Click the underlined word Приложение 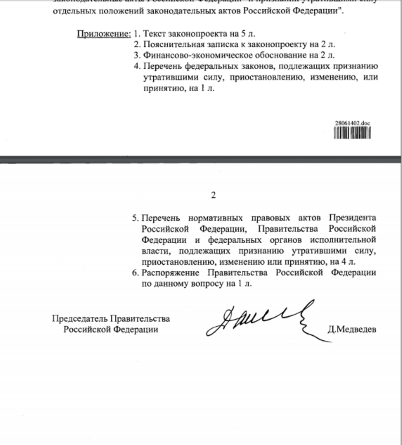pyautogui.click(x=104, y=34)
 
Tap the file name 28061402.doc pyautogui.click(x=352, y=123)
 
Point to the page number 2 pyautogui.click(x=213, y=195)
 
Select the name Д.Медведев pyautogui.click(x=352, y=329)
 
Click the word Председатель pyautogui.click(x=75, y=319)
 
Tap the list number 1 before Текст pyautogui.click(x=136, y=34)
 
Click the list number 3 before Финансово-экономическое pyautogui.click(x=137, y=56)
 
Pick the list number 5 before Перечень pyautogui.click(x=135, y=218)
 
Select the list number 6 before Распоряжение pyautogui.click(x=135, y=273)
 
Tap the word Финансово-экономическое pyautogui.click(x=193, y=56)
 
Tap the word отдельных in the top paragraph pyautogui.click(x=71, y=11)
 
